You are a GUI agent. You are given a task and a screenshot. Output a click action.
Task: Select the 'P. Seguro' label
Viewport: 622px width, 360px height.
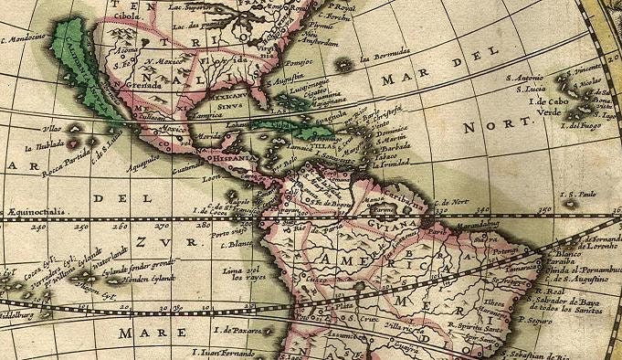(x=540, y=322)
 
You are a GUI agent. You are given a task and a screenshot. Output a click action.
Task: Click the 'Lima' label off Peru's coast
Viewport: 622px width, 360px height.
(x=232, y=270)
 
